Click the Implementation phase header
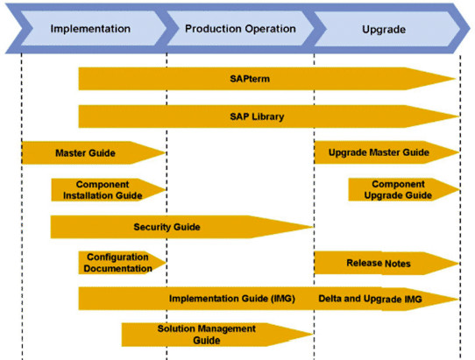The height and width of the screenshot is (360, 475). (90, 29)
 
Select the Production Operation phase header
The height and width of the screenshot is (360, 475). (240, 29)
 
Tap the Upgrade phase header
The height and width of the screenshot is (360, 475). (384, 29)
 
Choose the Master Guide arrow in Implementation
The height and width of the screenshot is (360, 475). (86, 153)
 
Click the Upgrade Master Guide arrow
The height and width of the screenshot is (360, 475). (379, 153)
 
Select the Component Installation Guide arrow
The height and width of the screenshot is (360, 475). (103, 190)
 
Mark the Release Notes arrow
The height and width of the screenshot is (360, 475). (379, 263)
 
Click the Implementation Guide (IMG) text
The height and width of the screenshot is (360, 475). (231, 299)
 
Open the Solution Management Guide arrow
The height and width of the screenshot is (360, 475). (207, 334)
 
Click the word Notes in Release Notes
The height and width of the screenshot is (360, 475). (397, 263)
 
